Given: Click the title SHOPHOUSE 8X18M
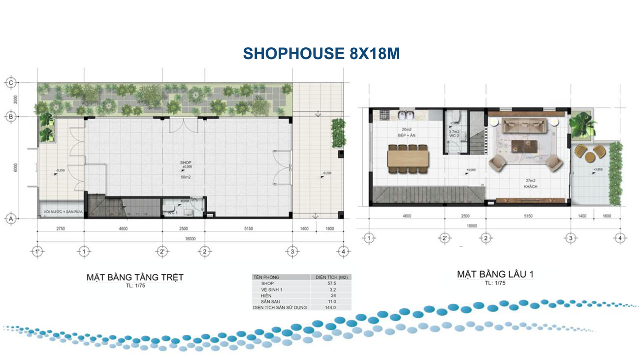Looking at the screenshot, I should [321, 54].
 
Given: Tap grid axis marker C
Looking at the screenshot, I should [10, 82].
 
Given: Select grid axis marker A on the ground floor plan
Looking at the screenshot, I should [10, 218].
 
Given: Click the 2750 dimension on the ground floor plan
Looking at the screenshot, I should [60, 229].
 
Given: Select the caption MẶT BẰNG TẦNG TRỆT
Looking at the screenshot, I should [135, 277].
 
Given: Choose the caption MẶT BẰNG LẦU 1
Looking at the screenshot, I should [495, 274].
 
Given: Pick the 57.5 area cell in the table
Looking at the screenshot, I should [331, 284].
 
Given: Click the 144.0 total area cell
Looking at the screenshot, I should [331, 307].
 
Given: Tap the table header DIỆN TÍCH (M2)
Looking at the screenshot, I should [331, 277].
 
